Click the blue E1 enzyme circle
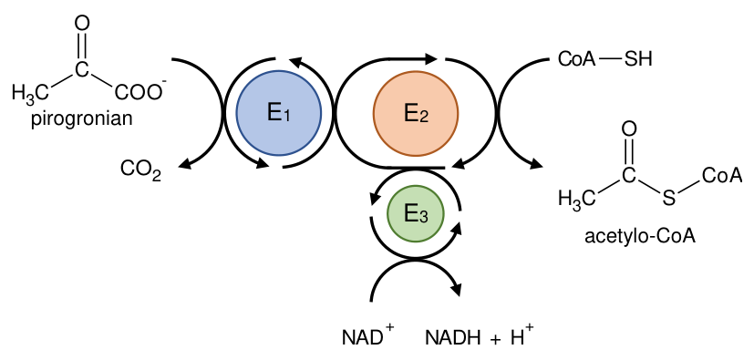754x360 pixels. pyautogui.click(x=279, y=113)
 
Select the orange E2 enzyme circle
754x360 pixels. pyautogui.click(x=416, y=113)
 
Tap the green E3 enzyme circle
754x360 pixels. pyautogui.click(x=416, y=213)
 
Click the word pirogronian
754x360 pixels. pyautogui.click(x=81, y=118)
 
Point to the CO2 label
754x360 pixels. pyautogui.click(x=140, y=170)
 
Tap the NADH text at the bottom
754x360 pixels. pyautogui.click(x=453, y=338)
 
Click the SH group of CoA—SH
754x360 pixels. pyautogui.click(x=637, y=60)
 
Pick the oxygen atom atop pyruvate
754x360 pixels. pyautogui.click(x=82, y=24)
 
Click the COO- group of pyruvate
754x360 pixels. pyautogui.click(x=140, y=91)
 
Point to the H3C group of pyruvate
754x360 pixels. pyautogui.click(x=31, y=93)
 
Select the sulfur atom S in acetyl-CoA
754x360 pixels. pyautogui.click(x=668, y=198)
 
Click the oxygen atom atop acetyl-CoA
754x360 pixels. pyautogui.click(x=629, y=129)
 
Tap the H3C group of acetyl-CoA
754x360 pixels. pyautogui.click(x=577, y=198)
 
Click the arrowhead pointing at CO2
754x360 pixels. pyautogui.click(x=186, y=164)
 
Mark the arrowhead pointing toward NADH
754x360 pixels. pyautogui.click(x=455, y=289)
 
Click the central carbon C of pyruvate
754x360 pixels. pyautogui.click(x=82, y=69)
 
